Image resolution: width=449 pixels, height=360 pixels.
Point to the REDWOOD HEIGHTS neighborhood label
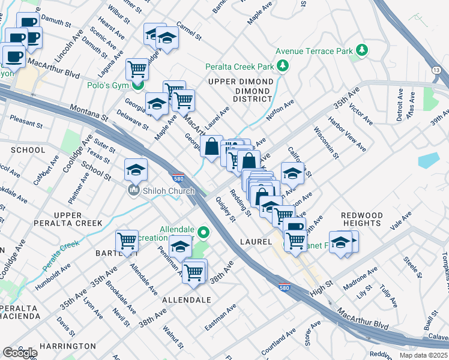362,219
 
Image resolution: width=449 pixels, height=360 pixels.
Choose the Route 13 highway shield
436,71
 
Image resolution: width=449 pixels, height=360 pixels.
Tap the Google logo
20,352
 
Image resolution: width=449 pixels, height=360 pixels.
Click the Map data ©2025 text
423,355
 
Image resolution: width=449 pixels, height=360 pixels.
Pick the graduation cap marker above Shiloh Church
136,170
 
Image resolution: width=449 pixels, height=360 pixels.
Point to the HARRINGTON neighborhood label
67,346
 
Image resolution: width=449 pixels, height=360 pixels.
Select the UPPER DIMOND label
240,82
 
